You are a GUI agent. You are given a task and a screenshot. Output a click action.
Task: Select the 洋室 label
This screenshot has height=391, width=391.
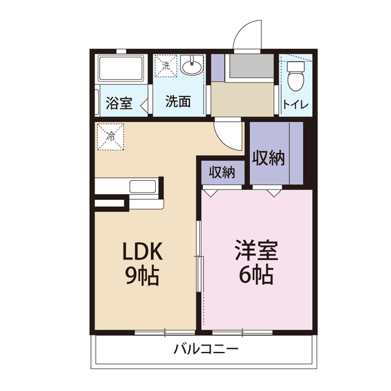click(255, 252)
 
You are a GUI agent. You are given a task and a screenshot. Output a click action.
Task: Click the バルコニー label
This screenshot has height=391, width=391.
click(205, 349)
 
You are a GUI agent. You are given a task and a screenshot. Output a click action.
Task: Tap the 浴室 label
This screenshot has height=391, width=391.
click(119, 102)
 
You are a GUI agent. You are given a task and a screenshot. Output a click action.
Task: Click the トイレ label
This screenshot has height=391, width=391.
click(295, 104)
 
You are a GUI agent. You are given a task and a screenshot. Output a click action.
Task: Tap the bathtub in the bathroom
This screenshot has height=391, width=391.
click(121, 68)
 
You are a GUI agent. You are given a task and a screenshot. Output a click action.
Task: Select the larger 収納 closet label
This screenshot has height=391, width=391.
click(269, 158)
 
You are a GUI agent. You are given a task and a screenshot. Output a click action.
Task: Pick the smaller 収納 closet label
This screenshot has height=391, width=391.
click(222, 172)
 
